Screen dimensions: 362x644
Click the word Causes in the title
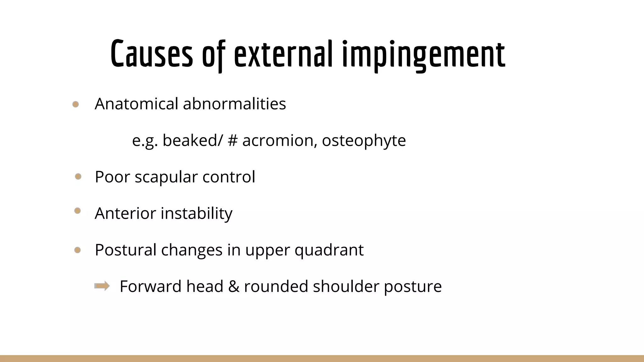tap(152, 54)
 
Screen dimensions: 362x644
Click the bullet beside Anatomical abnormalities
tap(75, 104)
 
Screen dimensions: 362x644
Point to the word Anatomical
tap(136, 104)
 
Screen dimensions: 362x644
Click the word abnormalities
tap(234, 104)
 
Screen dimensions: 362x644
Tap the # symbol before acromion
tap(232, 140)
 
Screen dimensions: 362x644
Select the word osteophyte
tap(364, 140)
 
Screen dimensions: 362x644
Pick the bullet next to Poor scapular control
tap(78, 177)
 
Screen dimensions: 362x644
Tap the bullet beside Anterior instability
tap(77, 211)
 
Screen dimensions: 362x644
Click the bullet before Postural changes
tap(77, 250)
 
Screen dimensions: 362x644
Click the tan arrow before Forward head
tap(102, 286)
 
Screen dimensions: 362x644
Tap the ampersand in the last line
tap(233, 286)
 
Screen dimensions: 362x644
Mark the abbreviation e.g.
tap(145, 141)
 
